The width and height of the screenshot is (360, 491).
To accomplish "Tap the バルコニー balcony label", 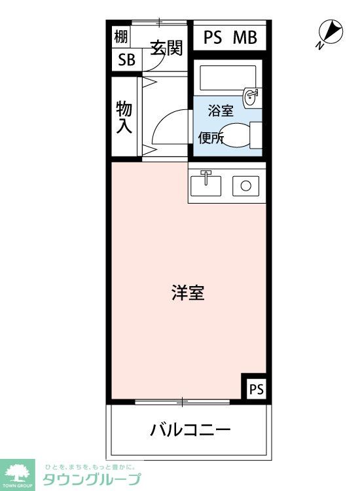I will (190, 431).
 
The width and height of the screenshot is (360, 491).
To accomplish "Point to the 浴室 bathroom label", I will (221, 111).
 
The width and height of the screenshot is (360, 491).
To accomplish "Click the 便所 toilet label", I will (211, 137).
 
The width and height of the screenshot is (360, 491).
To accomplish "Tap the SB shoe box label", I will (126, 60).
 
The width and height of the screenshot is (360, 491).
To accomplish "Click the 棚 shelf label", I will (121, 37).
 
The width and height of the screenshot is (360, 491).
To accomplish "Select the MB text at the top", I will (245, 37).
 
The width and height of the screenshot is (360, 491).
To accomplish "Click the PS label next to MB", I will (213, 37).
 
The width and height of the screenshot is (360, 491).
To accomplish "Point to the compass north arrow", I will (331, 31).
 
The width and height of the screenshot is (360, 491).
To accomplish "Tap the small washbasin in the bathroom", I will (250, 97).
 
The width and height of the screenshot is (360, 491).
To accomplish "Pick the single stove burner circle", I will (245, 185).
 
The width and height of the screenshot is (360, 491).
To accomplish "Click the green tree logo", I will (18, 472).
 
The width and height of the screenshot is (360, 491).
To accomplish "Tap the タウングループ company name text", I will (91, 479).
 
